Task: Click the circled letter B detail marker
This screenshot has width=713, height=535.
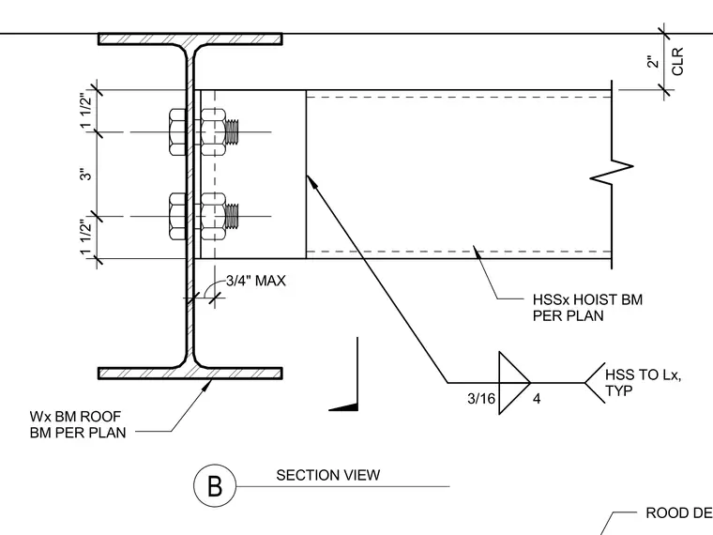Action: (215, 486)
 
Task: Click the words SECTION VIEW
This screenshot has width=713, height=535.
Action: (327, 475)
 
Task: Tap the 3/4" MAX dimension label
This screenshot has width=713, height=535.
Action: (256, 281)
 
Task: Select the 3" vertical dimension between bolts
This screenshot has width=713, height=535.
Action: (86, 175)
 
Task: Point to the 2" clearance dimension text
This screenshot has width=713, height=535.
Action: (653, 62)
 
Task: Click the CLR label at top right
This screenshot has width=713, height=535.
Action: (677, 61)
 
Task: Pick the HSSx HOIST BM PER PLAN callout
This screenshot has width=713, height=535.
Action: (587, 308)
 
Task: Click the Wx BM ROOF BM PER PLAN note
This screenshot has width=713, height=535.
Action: (78, 424)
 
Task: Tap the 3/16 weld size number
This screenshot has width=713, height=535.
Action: (481, 399)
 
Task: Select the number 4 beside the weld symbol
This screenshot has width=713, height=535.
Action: (537, 399)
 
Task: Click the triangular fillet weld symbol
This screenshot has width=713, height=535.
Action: (514, 383)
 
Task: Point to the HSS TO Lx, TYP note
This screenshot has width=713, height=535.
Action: (643, 383)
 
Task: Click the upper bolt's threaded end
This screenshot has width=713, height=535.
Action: (232, 132)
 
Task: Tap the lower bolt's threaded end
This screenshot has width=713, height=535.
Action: (232, 217)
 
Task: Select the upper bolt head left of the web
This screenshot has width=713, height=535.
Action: (177, 132)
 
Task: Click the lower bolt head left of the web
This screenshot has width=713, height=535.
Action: (177, 217)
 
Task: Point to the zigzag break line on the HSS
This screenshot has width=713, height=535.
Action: (612, 173)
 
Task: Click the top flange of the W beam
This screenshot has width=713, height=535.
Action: (190, 39)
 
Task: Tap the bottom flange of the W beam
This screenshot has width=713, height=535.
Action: (190, 373)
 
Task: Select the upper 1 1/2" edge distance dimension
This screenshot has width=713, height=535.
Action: (86, 111)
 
